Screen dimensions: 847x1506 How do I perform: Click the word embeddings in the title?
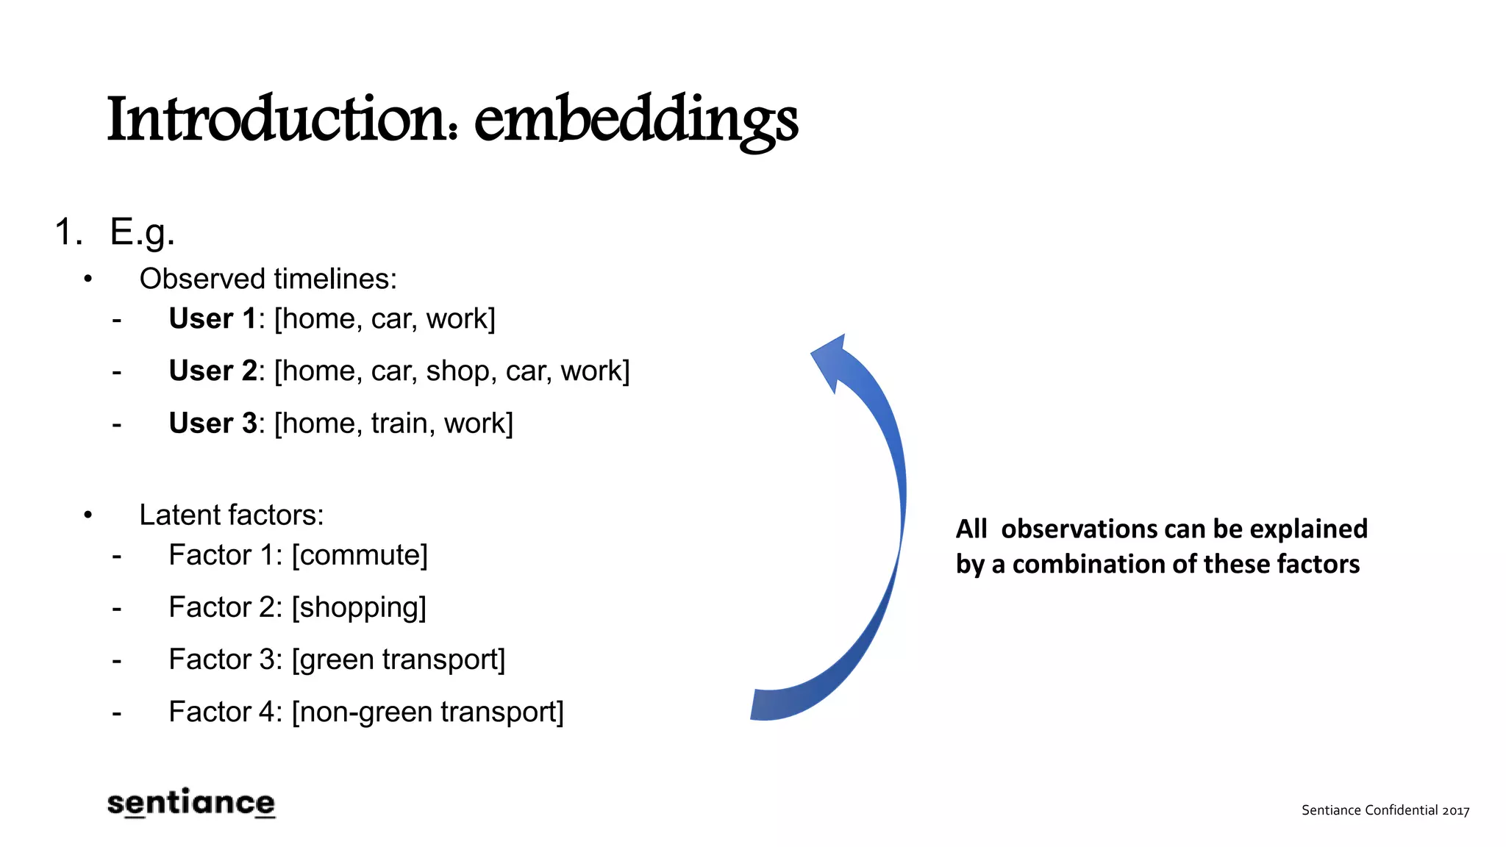[636, 120]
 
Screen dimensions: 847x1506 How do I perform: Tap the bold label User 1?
[213, 319]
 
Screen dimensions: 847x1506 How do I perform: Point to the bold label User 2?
[213, 371]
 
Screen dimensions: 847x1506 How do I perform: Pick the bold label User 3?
[213, 423]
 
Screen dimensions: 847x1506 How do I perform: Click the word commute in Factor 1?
[360, 555]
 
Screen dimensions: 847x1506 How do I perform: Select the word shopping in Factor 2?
[359, 608]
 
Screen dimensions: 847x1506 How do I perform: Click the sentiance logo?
[191, 803]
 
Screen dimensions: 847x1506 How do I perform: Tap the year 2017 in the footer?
[1455, 810]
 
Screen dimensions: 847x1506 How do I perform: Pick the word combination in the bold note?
[1088, 564]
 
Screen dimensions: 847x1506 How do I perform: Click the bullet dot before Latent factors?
[88, 515]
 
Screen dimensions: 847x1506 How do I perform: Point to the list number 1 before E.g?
[68, 232]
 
